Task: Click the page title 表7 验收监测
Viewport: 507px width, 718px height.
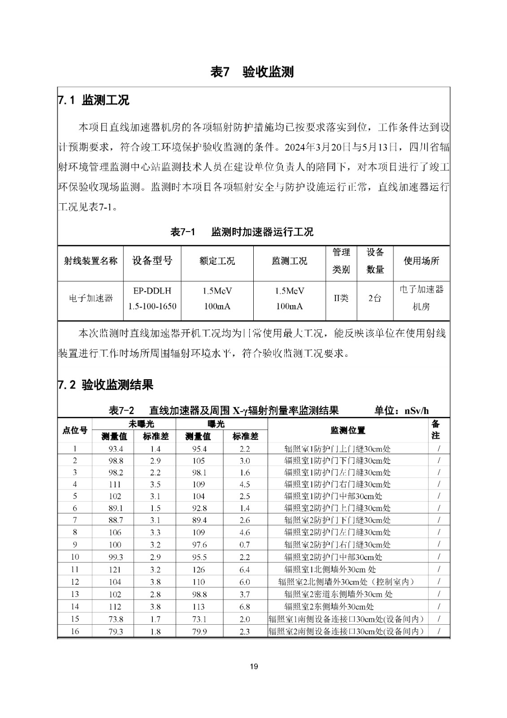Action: tap(252, 72)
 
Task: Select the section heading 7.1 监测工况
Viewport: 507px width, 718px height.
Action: tap(94, 100)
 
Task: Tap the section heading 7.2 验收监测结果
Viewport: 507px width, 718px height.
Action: tap(106, 385)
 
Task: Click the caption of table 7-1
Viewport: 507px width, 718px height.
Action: tap(242, 232)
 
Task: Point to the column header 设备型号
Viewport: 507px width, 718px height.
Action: tap(152, 261)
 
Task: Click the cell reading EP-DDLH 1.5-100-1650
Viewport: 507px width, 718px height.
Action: tap(152, 298)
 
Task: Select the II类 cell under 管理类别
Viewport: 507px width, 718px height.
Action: tap(341, 298)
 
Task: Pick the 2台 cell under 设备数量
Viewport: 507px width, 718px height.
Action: tap(375, 298)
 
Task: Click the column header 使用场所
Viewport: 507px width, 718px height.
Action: tap(421, 261)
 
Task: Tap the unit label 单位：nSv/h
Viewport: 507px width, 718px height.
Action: tap(402, 410)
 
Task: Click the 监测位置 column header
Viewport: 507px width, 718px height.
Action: tap(347, 430)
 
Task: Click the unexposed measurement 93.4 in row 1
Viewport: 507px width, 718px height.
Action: tap(115, 449)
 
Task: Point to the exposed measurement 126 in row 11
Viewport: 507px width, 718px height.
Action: tap(198, 569)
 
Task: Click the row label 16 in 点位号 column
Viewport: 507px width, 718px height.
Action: tap(75, 631)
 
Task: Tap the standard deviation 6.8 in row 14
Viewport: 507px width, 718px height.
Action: tap(244, 607)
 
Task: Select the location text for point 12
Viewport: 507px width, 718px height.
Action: tap(346, 582)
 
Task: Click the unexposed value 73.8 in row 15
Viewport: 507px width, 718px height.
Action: tap(115, 619)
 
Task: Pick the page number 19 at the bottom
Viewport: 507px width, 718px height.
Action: tap(254, 666)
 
